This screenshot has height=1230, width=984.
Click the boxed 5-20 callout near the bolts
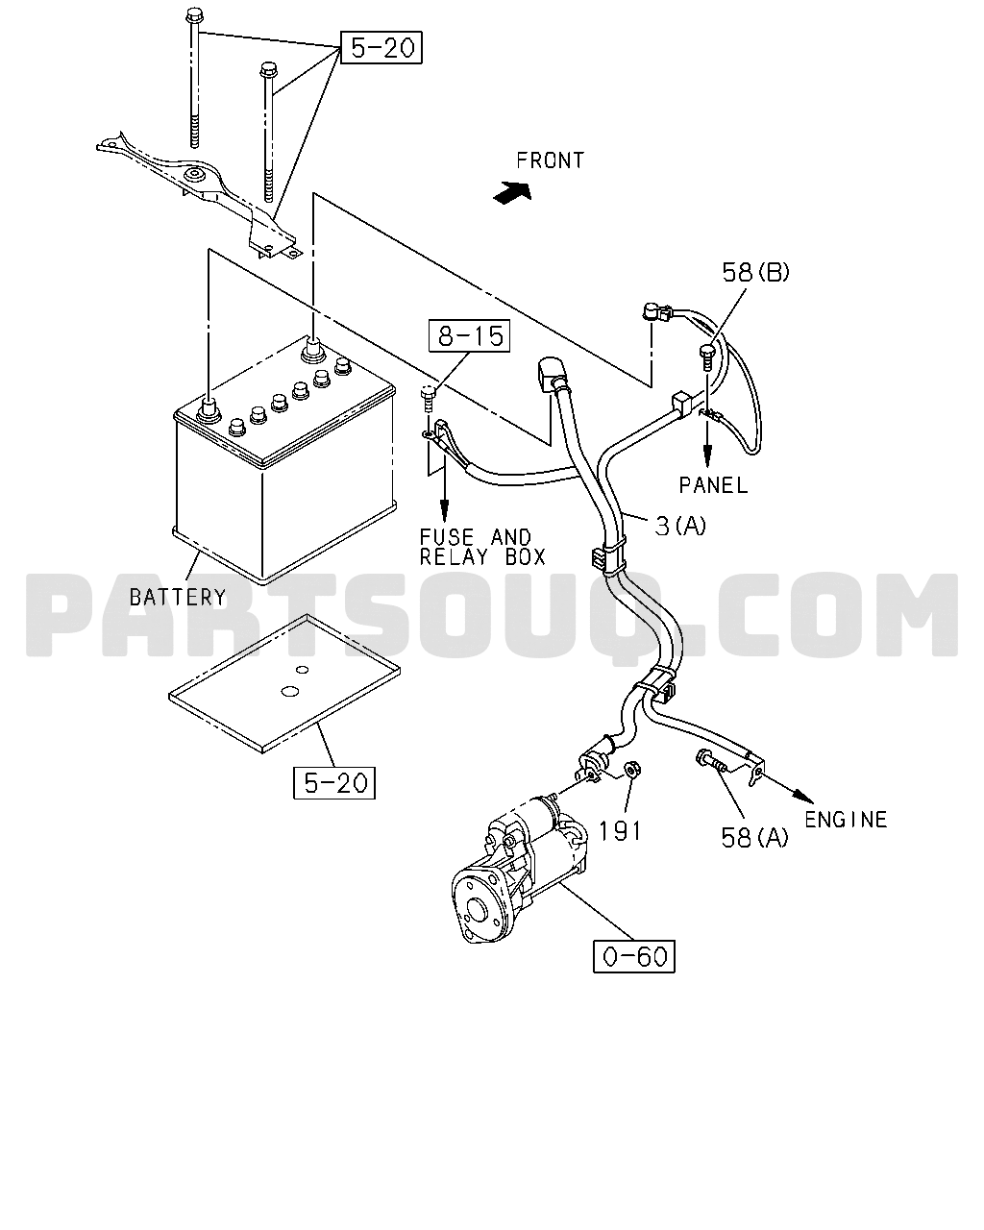[381, 47]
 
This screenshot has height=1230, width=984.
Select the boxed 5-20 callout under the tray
[334, 783]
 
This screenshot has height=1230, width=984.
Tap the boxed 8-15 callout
[469, 335]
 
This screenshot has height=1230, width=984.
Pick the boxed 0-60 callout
[634, 956]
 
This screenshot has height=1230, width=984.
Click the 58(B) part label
[755, 273]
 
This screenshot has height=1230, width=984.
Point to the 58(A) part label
[754, 838]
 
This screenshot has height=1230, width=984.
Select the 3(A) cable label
[680, 526]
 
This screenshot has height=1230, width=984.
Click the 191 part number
[621, 831]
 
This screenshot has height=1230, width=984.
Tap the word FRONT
[550, 160]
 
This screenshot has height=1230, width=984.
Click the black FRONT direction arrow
[512, 192]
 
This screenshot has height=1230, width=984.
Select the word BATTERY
[178, 598]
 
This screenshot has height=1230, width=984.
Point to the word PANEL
[713, 485]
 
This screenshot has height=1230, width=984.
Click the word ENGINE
[846, 820]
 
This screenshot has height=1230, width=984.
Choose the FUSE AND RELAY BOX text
[482, 547]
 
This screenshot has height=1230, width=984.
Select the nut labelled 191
[631, 770]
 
